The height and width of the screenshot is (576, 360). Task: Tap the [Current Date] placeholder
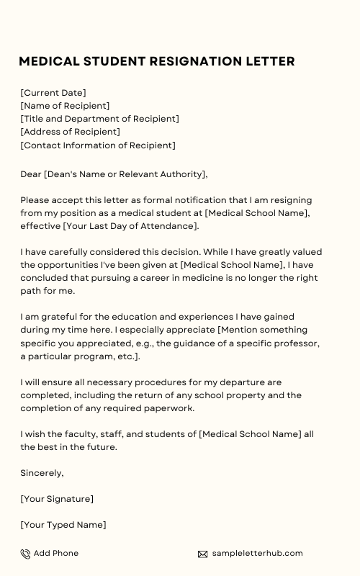pos(53,93)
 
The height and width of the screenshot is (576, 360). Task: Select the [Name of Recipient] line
pos(65,106)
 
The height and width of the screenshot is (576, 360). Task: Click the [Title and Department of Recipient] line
pos(99,119)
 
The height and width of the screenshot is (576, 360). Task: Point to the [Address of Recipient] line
pos(70,132)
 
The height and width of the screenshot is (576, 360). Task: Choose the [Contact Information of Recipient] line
pos(97,145)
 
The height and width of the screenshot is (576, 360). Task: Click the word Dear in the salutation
pos(31,174)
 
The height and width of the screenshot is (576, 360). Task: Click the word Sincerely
pos(42,473)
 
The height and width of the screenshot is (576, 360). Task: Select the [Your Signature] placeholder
pos(57,499)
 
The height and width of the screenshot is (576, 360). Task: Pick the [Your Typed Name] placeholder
pos(63,525)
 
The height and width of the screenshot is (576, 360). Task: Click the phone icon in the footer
pos(25,554)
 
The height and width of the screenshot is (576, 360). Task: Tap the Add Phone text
pos(56,553)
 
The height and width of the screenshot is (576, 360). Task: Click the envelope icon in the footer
pos(202,554)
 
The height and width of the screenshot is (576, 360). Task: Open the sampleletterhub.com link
pos(257,553)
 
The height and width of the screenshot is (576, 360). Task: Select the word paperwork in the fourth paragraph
pos(171,408)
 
